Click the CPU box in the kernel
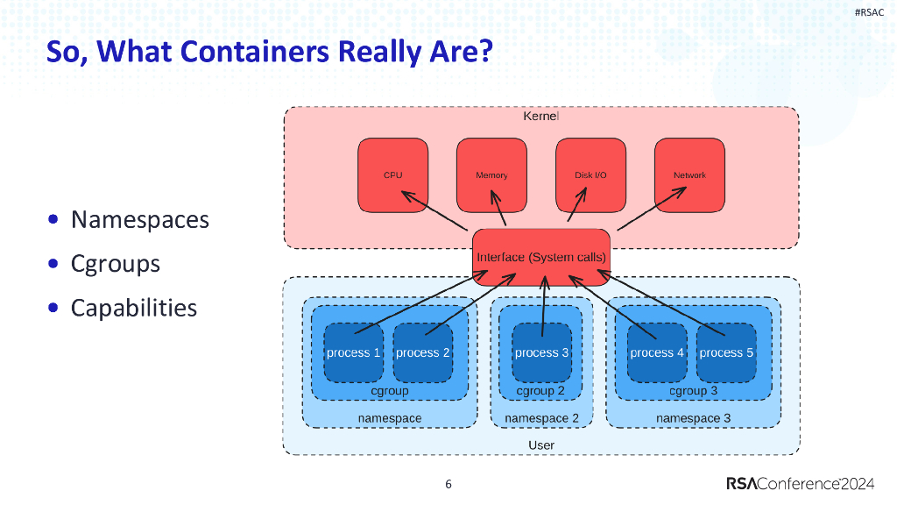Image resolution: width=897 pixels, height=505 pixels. (x=392, y=174)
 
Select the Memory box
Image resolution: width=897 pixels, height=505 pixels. (x=491, y=174)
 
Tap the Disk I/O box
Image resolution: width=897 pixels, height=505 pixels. (x=590, y=174)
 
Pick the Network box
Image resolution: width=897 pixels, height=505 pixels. (x=689, y=174)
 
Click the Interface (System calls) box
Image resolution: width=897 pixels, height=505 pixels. (x=540, y=257)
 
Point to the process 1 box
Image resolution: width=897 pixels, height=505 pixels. (x=353, y=352)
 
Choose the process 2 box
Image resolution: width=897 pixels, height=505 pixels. (x=422, y=352)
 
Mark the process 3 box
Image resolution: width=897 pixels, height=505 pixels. (x=541, y=352)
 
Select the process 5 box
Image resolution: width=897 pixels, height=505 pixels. (x=726, y=352)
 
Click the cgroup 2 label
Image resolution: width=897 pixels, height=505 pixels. (x=540, y=391)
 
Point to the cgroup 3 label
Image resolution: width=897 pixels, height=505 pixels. (x=693, y=391)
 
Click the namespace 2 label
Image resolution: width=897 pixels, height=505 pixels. (x=541, y=418)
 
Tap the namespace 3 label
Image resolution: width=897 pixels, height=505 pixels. (x=693, y=418)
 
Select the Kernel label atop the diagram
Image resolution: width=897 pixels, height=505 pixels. (x=540, y=117)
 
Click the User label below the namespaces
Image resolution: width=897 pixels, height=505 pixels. (x=541, y=445)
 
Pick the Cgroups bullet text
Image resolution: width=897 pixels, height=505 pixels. (x=115, y=264)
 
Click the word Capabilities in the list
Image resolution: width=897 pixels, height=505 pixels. (x=133, y=309)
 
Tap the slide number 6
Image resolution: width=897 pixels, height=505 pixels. (x=448, y=485)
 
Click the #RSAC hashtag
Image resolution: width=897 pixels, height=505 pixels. (x=868, y=11)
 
